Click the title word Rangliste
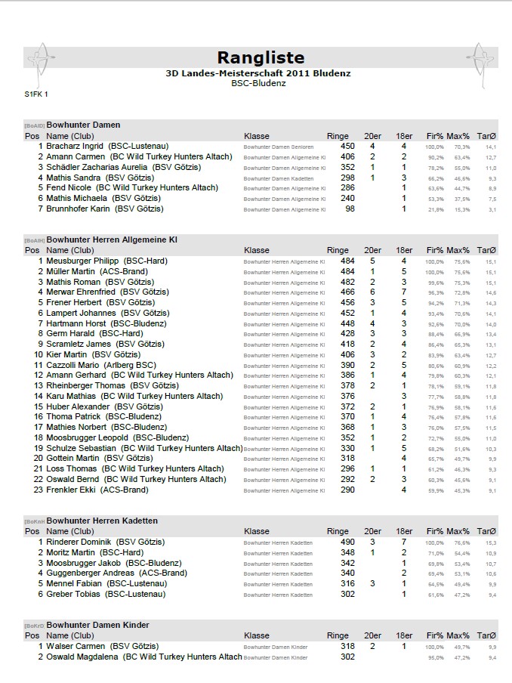click(x=261, y=57)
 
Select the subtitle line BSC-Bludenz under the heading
click(x=258, y=83)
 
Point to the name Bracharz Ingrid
click(x=75, y=146)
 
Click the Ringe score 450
click(x=347, y=146)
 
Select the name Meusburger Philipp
click(x=83, y=261)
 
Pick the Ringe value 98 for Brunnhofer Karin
click(x=350, y=209)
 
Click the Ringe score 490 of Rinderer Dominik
click(x=347, y=542)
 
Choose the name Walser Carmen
click(x=75, y=646)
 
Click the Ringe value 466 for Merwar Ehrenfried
click(x=347, y=292)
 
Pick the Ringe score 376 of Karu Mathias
click(x=347, y=396)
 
